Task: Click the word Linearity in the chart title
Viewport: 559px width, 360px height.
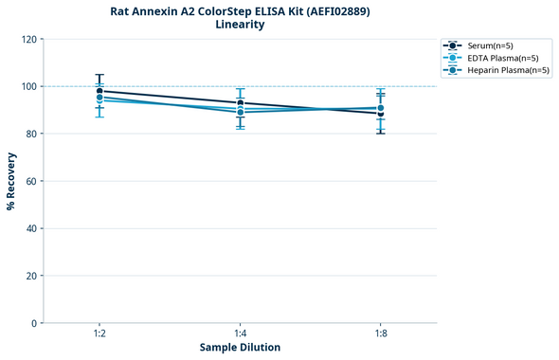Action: pyautogui.click(x=240, y=25)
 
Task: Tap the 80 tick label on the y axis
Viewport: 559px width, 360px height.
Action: pyautogui.click(x=31, y=134)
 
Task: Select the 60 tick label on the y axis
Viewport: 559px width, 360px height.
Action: pyautogui.click(x=31, y=181)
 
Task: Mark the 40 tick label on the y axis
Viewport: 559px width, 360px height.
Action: pyautogui.click(x=31, y=228)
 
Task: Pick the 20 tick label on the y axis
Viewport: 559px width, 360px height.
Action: pyautogui.click(x=31, y=276)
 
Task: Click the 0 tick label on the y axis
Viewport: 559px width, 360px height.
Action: pyautogui.click(x=34, y=323)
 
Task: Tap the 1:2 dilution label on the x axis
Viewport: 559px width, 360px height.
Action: pyautogui.click(x=99, y=334)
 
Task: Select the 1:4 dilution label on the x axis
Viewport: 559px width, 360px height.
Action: pyautogui.click(x=240, y=334)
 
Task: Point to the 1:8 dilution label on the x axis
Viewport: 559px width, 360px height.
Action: pyautogui.click(x=380, y=334)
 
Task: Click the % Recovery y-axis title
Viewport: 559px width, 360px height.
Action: pyautogui.click(x=11, y=181)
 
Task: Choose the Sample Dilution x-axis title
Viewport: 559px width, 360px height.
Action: pyautogui.click(x=240, y=348)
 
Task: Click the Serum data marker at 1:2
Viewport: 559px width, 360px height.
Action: pyautogui.click(x=99, y=91)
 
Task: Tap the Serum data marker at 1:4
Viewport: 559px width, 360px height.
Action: pyautogui.click(x=240, y=103)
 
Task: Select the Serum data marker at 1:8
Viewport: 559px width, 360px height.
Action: pyautogui.click(x=380, y=114)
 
